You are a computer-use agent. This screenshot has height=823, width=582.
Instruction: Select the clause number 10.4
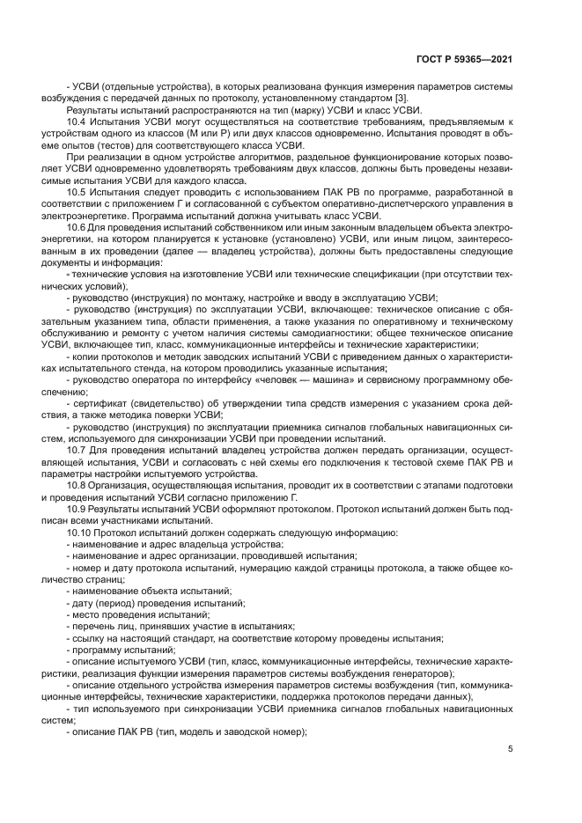tap(77, 121)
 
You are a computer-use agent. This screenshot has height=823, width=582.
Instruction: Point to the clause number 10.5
tap(77, 191)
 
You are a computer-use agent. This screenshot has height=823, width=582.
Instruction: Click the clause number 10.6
tap(77, 226)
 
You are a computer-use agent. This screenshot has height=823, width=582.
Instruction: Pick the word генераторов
tap(418, 671)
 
